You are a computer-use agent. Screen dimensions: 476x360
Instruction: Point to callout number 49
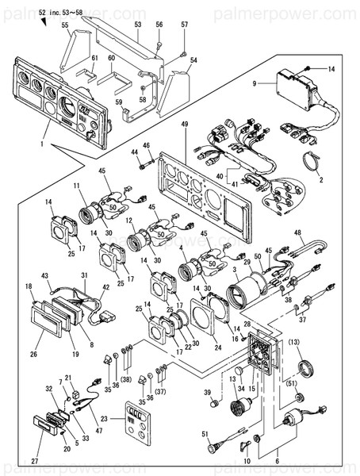click(x=184, y=125)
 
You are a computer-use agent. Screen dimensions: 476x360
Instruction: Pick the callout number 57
click(x=184, y=25)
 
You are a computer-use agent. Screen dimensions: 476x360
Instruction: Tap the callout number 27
click(x=34, y=459)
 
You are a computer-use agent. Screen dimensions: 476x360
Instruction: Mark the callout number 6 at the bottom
click(x=276, y=459)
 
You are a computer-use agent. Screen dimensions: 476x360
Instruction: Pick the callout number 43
click(x=45, y=275)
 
